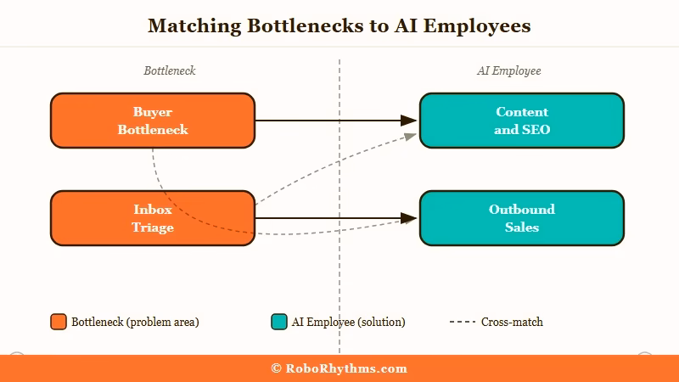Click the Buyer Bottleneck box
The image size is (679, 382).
point(153,121)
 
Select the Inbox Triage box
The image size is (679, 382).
point(153,218)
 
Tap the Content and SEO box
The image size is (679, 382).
point(522,121)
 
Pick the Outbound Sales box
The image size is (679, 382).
point(522,218)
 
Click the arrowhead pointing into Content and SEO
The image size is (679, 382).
point(409,121)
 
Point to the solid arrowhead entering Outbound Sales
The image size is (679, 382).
point(409,218)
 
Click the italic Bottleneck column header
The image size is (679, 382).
point(170,70)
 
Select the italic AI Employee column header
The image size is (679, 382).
point(508,70)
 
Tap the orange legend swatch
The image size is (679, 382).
point(59,322)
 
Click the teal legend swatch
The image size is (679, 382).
point(279,322)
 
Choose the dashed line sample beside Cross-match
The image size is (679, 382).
point(462,322)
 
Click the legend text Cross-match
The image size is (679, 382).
point(512,322)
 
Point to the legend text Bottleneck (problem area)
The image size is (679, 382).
point(135,322)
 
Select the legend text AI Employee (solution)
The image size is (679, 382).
point(348,322)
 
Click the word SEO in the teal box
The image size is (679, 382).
point(534,130)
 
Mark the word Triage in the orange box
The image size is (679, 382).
point(153,228)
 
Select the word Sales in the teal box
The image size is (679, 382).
point(522,228)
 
